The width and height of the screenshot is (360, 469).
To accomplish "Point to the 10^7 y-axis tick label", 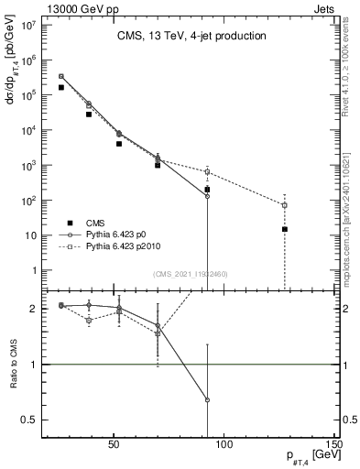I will tap(28, 24).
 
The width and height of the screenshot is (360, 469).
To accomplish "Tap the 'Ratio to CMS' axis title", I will tap(13, 366).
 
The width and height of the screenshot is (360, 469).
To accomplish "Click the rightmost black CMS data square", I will tap(285, 229).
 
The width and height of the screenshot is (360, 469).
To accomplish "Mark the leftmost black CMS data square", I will tap(60, 87).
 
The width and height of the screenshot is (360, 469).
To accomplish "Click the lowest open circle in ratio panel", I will tap(208, 399).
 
